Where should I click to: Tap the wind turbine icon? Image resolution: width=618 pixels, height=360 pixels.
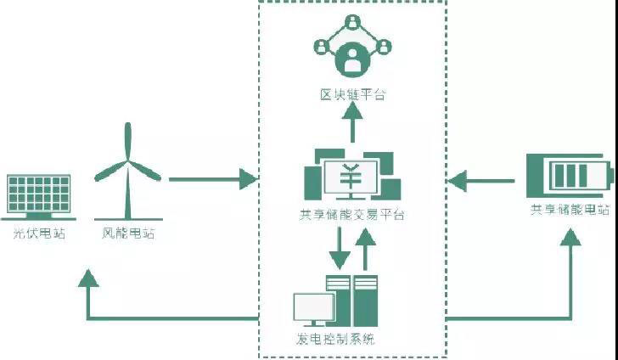128,170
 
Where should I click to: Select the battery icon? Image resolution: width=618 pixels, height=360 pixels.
567,174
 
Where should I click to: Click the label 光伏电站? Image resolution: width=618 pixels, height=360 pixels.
38,232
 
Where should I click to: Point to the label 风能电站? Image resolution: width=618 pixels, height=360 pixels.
128,232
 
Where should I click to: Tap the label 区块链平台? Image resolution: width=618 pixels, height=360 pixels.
352,94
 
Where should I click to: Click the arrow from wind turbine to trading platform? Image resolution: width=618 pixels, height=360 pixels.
211,179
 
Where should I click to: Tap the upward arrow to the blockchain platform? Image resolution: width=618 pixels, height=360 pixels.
352,123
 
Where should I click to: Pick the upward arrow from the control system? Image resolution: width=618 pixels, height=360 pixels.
366,247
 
